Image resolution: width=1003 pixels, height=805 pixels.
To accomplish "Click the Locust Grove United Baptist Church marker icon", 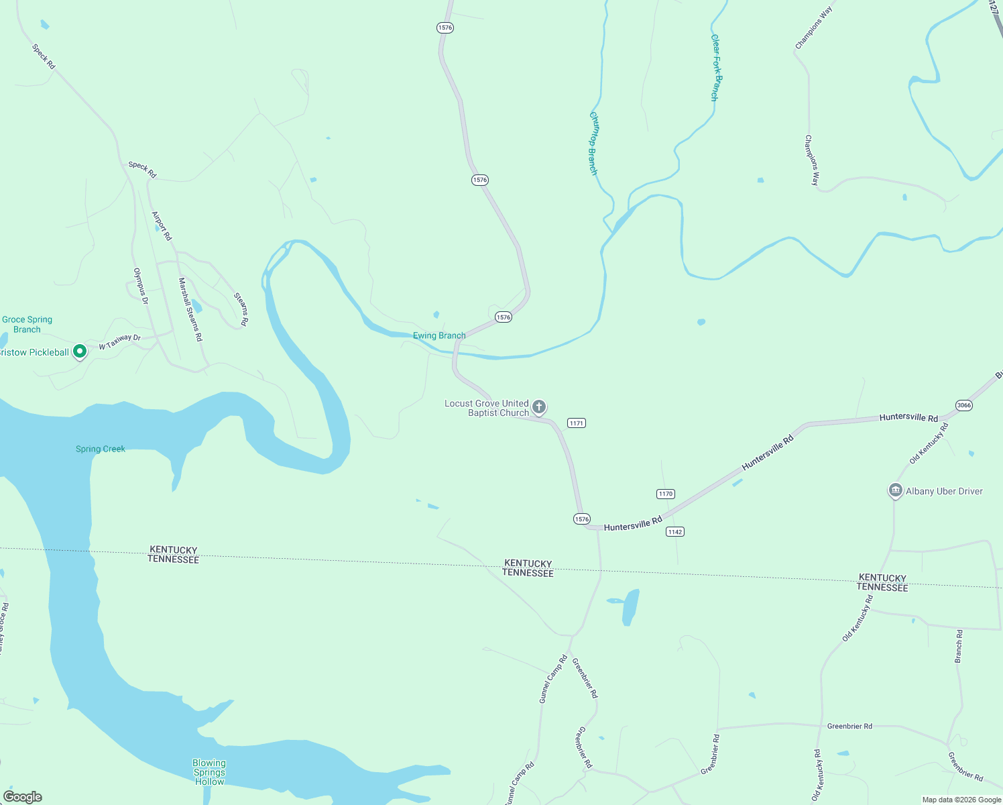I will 539,407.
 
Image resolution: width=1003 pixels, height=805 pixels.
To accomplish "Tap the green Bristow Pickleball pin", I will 80,352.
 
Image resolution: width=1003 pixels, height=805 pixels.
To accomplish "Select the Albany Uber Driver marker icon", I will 895,491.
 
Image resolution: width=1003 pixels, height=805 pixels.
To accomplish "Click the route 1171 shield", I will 576,423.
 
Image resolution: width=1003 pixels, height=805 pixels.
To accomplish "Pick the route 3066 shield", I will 963,405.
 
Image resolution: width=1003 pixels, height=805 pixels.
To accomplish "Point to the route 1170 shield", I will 665,494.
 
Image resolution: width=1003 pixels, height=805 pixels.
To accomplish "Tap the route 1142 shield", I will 674,532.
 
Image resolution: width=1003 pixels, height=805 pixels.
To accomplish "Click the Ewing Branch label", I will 439,335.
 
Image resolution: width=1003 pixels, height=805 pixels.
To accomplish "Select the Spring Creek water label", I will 101,449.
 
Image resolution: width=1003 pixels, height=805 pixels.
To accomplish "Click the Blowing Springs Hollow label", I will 209,772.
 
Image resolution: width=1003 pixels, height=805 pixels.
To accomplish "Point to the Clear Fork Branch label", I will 716,68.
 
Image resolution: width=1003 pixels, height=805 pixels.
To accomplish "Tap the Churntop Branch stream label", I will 593,143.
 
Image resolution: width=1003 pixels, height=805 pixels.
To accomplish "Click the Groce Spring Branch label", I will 27,325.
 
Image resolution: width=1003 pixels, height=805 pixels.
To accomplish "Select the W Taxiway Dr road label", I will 120,342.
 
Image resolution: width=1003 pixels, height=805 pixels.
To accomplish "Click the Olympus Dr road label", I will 140,286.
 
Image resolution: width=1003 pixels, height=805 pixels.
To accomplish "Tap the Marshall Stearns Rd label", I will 190,310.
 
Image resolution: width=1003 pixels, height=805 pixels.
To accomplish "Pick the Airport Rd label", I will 162,226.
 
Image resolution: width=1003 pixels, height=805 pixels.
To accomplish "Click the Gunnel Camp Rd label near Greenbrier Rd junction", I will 553,679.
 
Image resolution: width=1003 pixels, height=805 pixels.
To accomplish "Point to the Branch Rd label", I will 959,647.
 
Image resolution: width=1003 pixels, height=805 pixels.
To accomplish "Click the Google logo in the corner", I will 22,797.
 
